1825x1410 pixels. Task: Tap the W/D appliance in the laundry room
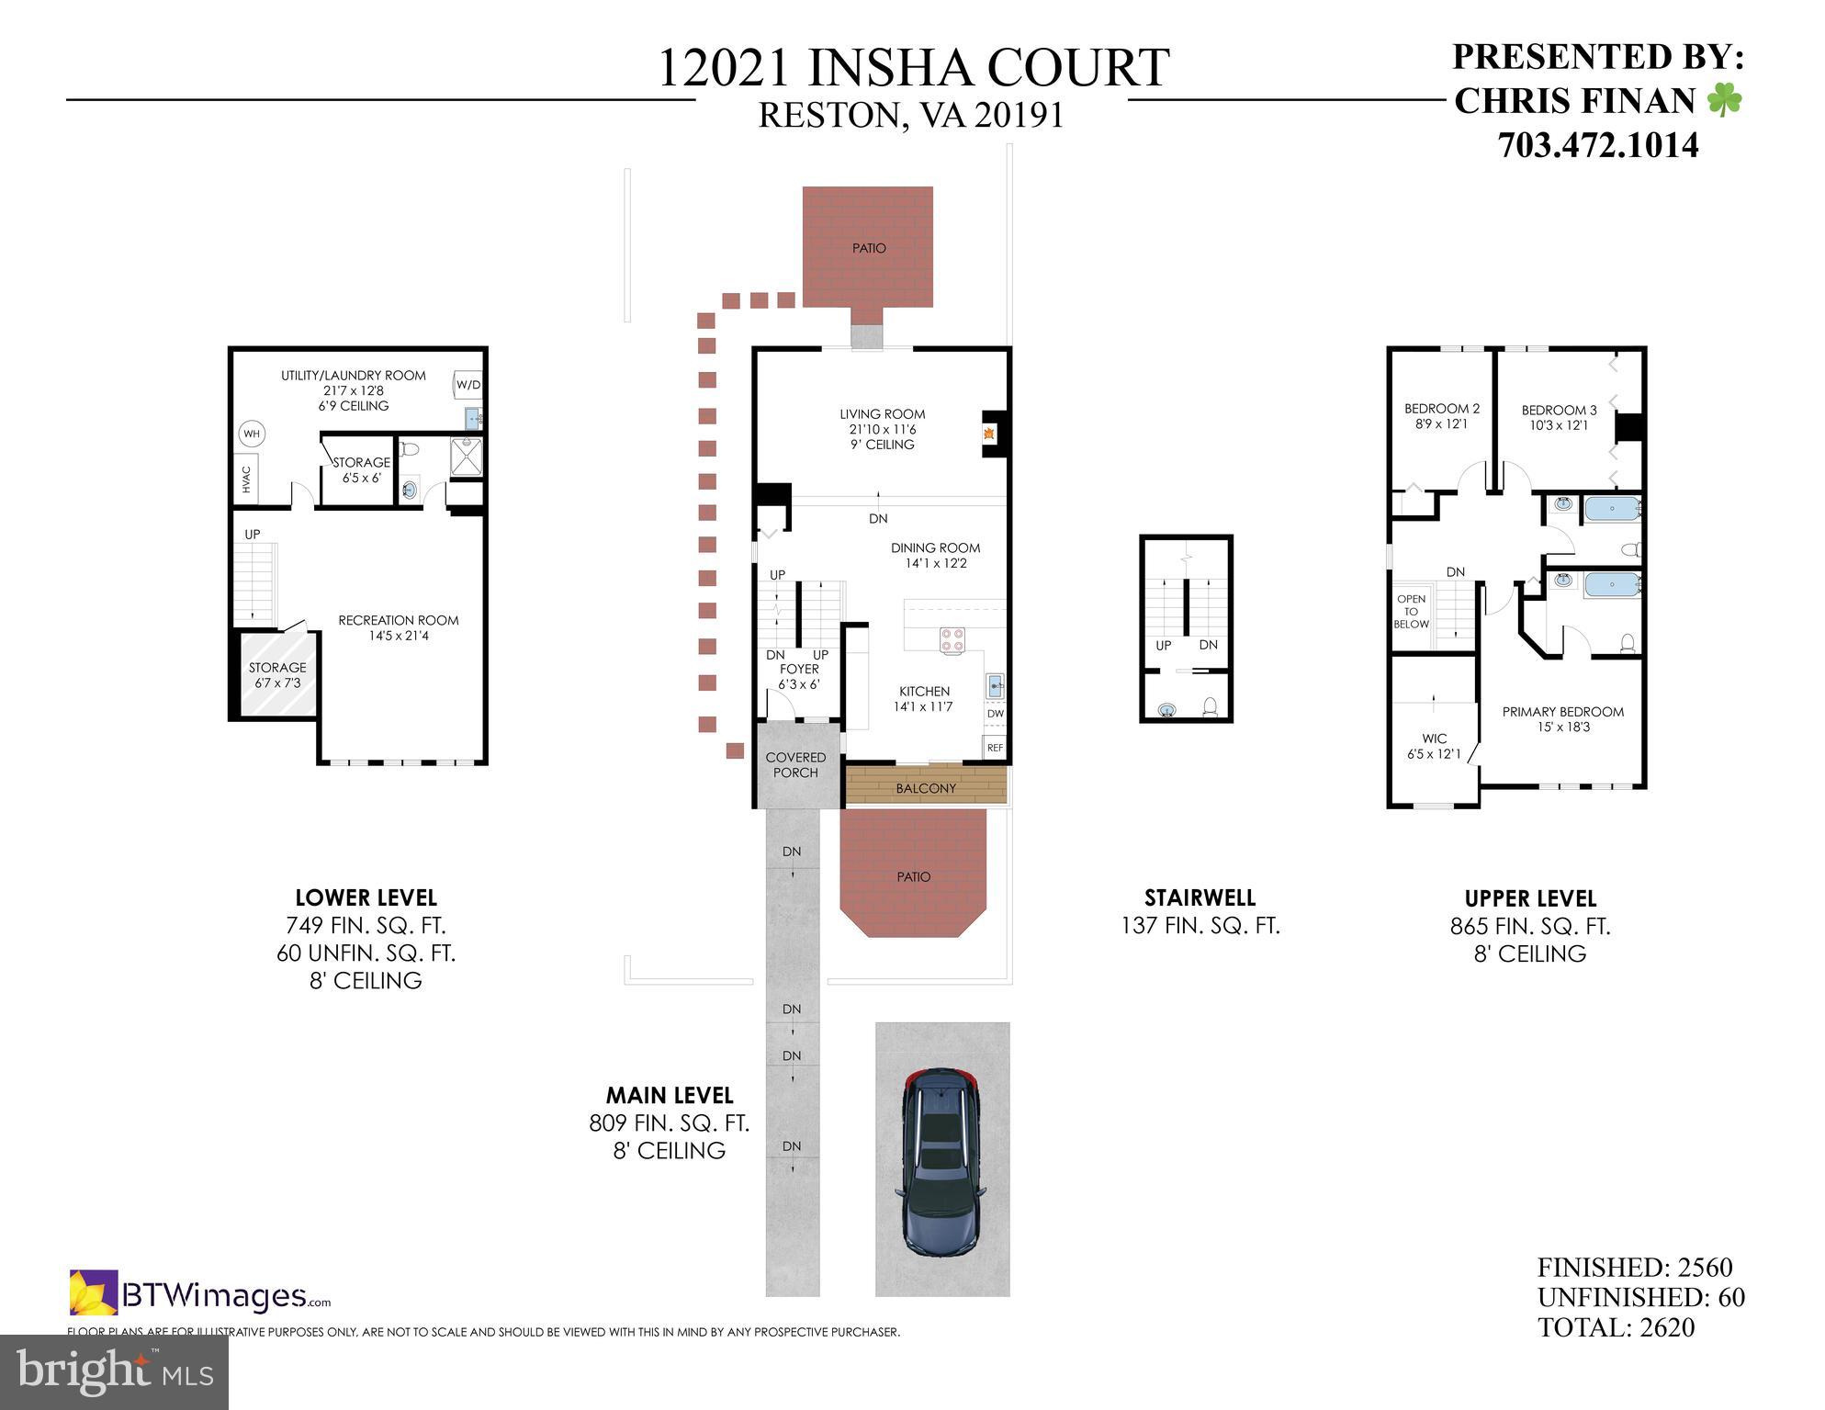(468, 385)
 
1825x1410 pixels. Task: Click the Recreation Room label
(398, 621)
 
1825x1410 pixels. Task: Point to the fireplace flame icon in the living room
(989, 434)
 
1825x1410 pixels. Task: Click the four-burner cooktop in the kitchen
(952, 639)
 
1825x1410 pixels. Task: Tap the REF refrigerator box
(995, 748)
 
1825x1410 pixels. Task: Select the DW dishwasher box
(996, 714)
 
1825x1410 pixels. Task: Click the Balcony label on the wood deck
(926, 788)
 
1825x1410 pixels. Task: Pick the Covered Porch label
(795, 765)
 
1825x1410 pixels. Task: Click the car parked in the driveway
(940, 1162)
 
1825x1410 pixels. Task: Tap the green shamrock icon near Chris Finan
(1724, 100)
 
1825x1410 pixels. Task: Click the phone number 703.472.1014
(1598, 145)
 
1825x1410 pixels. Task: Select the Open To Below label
(1411, 612)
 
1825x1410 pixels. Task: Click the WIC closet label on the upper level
(1434, 739)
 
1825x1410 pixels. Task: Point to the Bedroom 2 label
(1441, 409)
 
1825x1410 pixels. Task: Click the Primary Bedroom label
(1562, 712)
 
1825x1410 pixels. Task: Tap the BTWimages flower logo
(94, 1292)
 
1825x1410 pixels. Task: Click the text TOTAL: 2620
(1616, 1327)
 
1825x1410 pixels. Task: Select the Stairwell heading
(1200, 897)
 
